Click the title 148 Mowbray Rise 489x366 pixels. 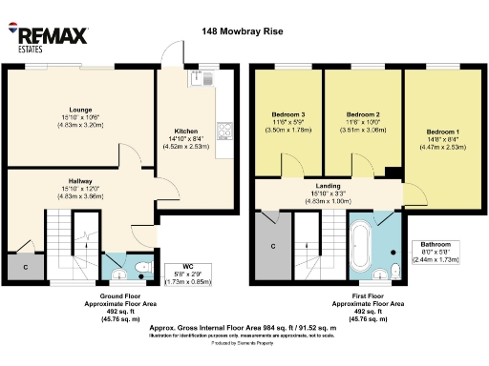(243, 30)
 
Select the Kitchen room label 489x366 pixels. (185, 131)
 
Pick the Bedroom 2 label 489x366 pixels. (356, 113)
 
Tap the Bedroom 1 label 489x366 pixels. (442, 131)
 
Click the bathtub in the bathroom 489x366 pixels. (364, 247)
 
